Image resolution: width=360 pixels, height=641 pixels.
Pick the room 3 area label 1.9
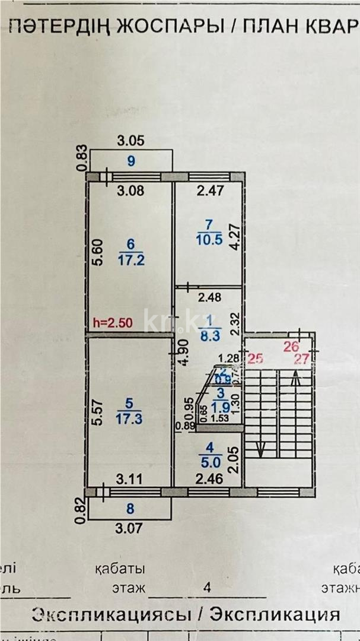tap(220, 407)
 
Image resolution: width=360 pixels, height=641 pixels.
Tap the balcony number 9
tap(131, 160)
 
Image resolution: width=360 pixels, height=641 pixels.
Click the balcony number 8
tap(130, 509)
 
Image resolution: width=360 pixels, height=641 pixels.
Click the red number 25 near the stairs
tap(255, 358)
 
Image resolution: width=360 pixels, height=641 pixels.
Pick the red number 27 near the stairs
tap(304, 358)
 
